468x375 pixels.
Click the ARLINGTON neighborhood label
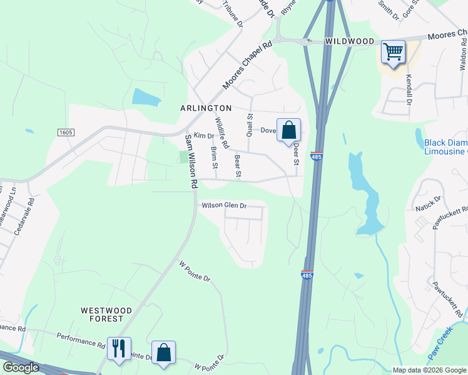click(x=206, y=108)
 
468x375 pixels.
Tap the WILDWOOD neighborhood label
click(x=349, y=42)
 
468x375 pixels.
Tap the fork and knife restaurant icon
click(x=119, y=348)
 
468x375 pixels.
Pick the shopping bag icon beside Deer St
click(x=288, y=131)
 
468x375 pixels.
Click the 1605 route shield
click(x=66, y=132)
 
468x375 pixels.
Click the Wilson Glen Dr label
click(x=224, y=206)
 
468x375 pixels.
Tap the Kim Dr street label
click(x=204, y=135)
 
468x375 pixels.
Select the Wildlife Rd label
click(x=221, y=132)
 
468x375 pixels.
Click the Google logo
click(x=20, y=367)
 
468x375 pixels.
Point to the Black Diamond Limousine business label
click(x=445, y=147)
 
